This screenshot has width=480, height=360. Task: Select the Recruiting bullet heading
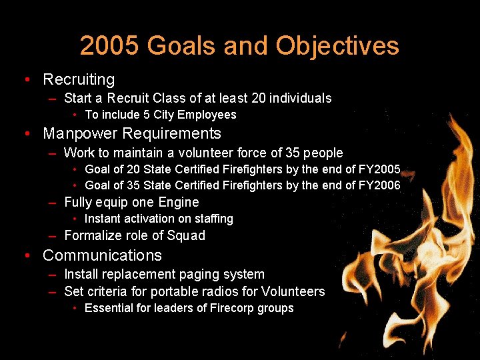point(79,80)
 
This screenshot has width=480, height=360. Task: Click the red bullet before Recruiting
point(25,80)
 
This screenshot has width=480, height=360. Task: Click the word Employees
point(209,115)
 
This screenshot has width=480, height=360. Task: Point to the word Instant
point(102,219)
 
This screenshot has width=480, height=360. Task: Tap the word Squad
point(187,235)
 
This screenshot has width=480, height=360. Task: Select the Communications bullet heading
point(102,255)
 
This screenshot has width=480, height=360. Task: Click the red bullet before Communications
point(25,255)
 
